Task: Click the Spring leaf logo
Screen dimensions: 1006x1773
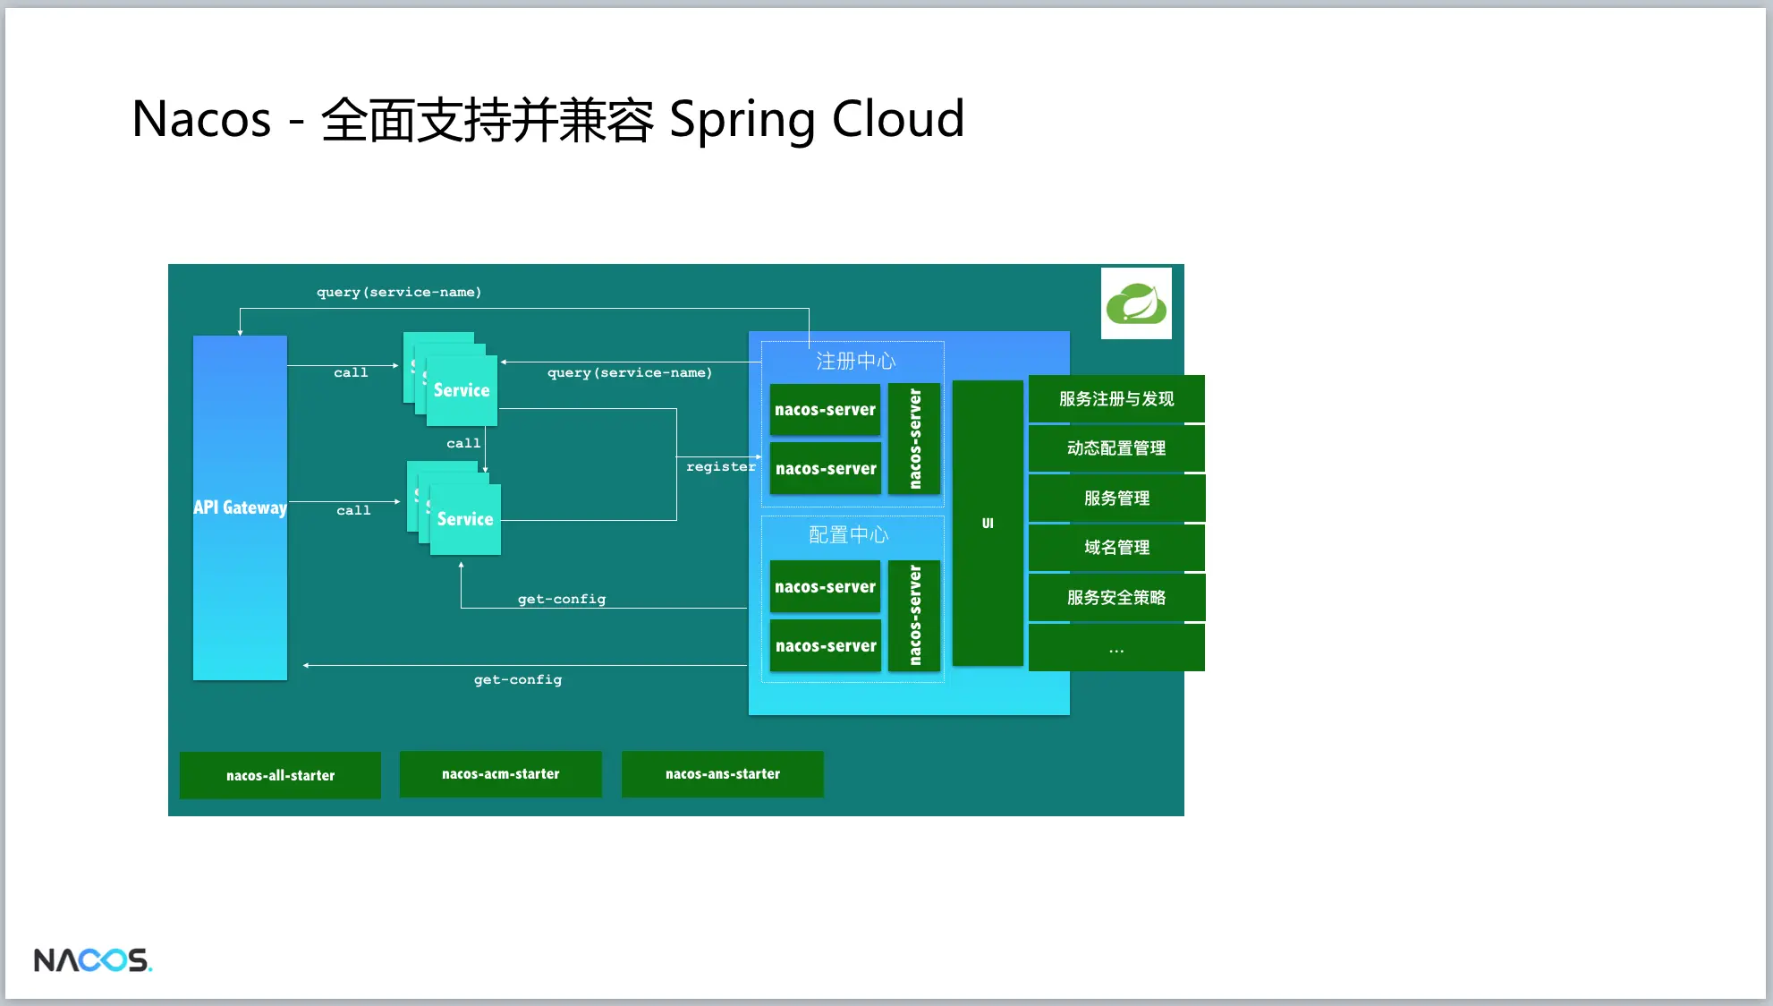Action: point(1136,303)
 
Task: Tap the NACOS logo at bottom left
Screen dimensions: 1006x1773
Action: point(92,960)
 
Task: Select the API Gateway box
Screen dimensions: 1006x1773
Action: point(240,507)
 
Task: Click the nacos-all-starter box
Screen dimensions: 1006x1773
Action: point(280,775)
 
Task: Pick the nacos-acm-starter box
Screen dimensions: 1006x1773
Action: point(500,774)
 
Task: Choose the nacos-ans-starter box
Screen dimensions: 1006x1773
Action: point(722,774)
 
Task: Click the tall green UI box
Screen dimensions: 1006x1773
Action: point(988,523)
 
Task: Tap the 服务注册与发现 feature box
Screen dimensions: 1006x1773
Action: point(1116,399)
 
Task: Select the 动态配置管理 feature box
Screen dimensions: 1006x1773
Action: point(1116,448)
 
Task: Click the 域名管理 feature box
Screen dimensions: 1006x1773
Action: point(1116,548)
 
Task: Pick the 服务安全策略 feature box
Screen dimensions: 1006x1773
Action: point(1116,598)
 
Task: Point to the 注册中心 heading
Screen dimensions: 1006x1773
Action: point(855,361)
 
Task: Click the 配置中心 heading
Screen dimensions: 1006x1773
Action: point(848,534)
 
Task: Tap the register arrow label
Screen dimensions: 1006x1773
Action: point(720,467)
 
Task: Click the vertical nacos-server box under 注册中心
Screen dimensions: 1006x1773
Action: point(914,439)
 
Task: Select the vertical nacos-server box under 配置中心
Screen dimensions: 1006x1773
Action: point(914,616)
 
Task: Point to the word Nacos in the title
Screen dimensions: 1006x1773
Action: point(201,119)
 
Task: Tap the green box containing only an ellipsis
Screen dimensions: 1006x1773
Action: point(1116,648)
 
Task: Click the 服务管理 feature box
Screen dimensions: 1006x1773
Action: point(1116,499)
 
